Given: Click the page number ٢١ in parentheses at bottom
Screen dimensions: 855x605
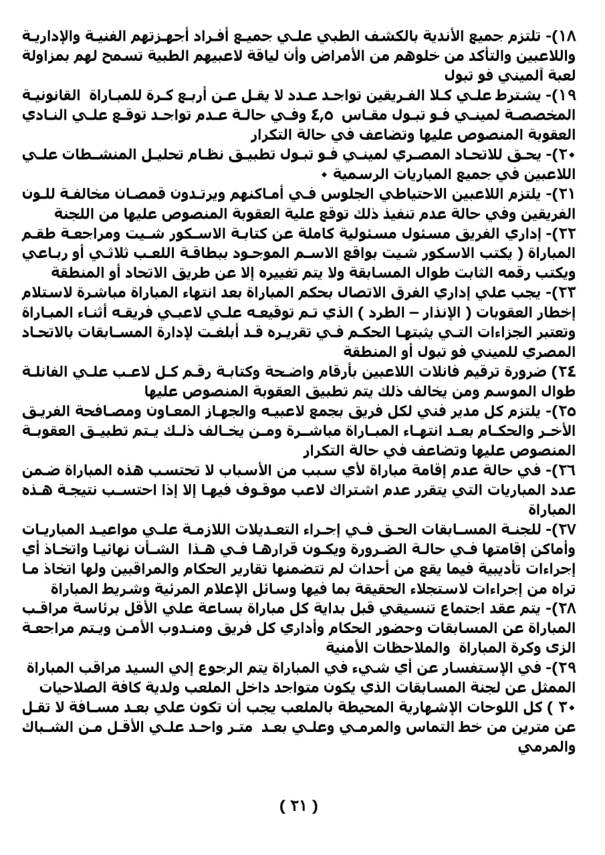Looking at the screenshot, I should [298, 806].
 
